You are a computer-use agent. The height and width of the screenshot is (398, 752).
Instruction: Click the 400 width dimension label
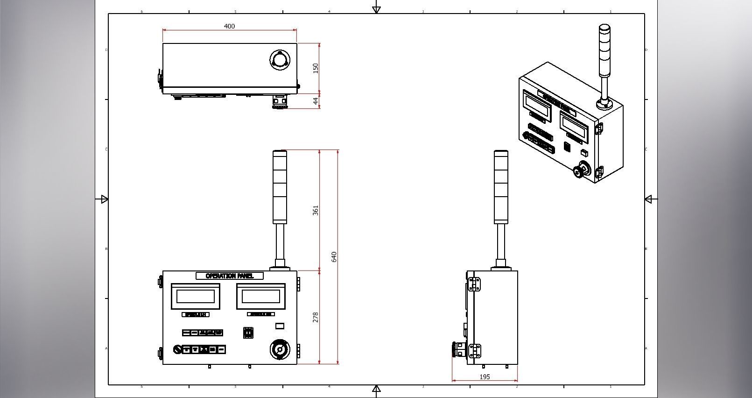click(229, 26)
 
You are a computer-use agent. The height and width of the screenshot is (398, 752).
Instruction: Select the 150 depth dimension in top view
click(316, 68)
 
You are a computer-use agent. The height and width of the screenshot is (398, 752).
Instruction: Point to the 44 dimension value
click(316, 101)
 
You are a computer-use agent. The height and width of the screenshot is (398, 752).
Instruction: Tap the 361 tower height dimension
click(316, 210)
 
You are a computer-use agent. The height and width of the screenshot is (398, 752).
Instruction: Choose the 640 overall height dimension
click(334, 256)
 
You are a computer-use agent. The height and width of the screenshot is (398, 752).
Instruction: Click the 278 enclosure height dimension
click(316, 317)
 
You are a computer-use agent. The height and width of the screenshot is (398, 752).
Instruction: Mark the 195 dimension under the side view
click(485, 377)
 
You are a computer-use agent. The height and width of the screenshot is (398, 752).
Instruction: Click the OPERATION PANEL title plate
click(229, 276)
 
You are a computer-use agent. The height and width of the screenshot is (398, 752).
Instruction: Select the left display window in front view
click(196, 296)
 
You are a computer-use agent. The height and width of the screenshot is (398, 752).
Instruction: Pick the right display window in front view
click(261, 296)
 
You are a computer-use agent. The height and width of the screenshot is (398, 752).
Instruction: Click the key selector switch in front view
click(177, 349)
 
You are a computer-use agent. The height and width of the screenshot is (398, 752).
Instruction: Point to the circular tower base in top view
click(280, 60)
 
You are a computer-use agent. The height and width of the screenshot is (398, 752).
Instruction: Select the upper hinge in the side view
click(474, 284)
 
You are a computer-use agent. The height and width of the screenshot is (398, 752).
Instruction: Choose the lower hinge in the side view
click(474, 351)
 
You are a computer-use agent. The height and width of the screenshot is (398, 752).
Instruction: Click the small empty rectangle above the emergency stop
click(280, 326)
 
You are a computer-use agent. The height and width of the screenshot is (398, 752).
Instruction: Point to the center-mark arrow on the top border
click(376, 9)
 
